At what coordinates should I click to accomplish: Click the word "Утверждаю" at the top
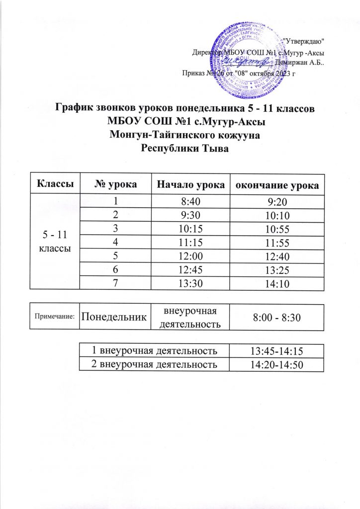[307, 41]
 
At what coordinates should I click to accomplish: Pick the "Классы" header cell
[54, 185]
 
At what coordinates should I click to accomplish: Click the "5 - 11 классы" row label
[54, 241]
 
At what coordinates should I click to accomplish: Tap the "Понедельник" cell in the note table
[114, 317]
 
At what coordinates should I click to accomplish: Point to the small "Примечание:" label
[54, 316]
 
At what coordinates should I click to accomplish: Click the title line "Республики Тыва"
[180, 147]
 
